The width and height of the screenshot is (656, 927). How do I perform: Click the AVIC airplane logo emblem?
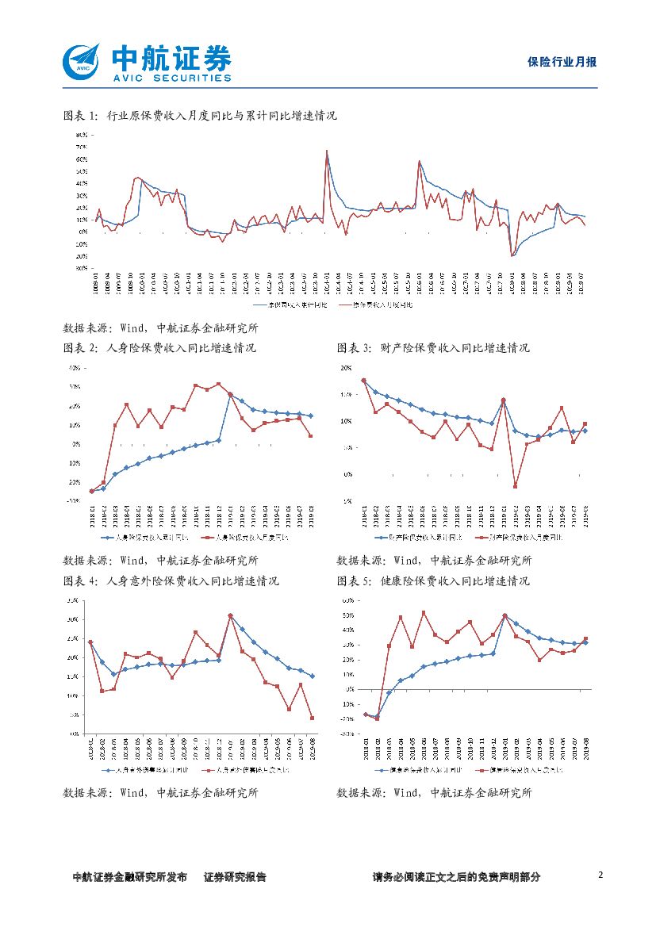click(82, 62)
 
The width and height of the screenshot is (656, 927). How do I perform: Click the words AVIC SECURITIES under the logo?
click(171, 79)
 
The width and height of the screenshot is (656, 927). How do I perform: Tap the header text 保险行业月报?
click(562, 63)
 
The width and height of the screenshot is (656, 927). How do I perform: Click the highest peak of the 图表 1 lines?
click(326, 150)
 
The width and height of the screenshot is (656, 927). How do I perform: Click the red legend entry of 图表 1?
click(375, 304)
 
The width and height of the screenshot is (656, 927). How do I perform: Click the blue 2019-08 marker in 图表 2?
click(310, 416)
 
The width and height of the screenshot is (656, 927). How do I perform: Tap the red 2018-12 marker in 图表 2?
click(218, 385)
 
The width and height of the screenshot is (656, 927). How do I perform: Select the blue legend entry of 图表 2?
click(145, 538)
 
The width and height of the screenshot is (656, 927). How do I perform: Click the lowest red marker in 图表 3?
click(515, 486)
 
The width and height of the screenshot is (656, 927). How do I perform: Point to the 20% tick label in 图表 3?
click(346, 368)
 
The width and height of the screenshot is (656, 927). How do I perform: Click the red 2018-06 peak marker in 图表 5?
click(424, 612)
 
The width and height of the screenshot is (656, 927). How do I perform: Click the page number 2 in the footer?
click(600, 875)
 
